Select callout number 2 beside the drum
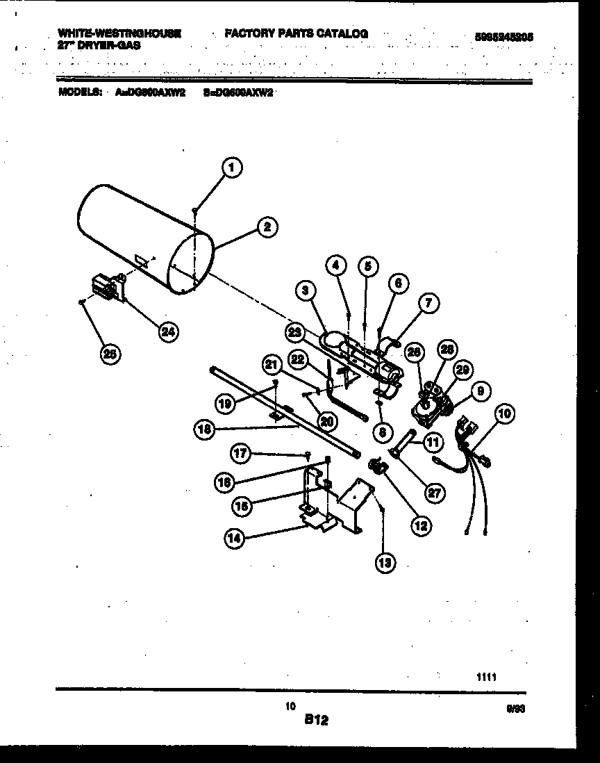266,227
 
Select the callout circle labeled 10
506,415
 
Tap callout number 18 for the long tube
204,429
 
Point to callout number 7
428,303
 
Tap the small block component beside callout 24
106,287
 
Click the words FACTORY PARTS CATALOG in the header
296,33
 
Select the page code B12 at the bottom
316,721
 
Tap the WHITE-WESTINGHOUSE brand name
120,33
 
